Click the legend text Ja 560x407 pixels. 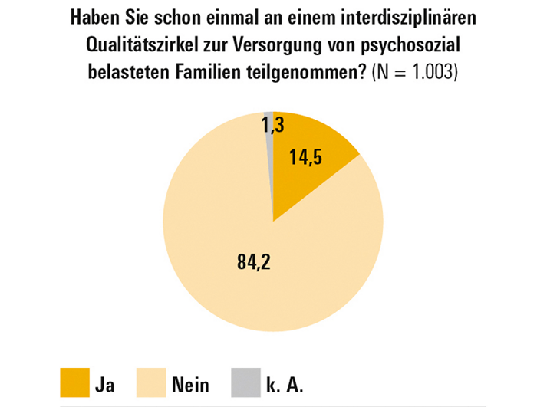(x=105, y=384)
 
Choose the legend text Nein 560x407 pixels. (x=191, y=384)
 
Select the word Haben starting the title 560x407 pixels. (x=93, y=17)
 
